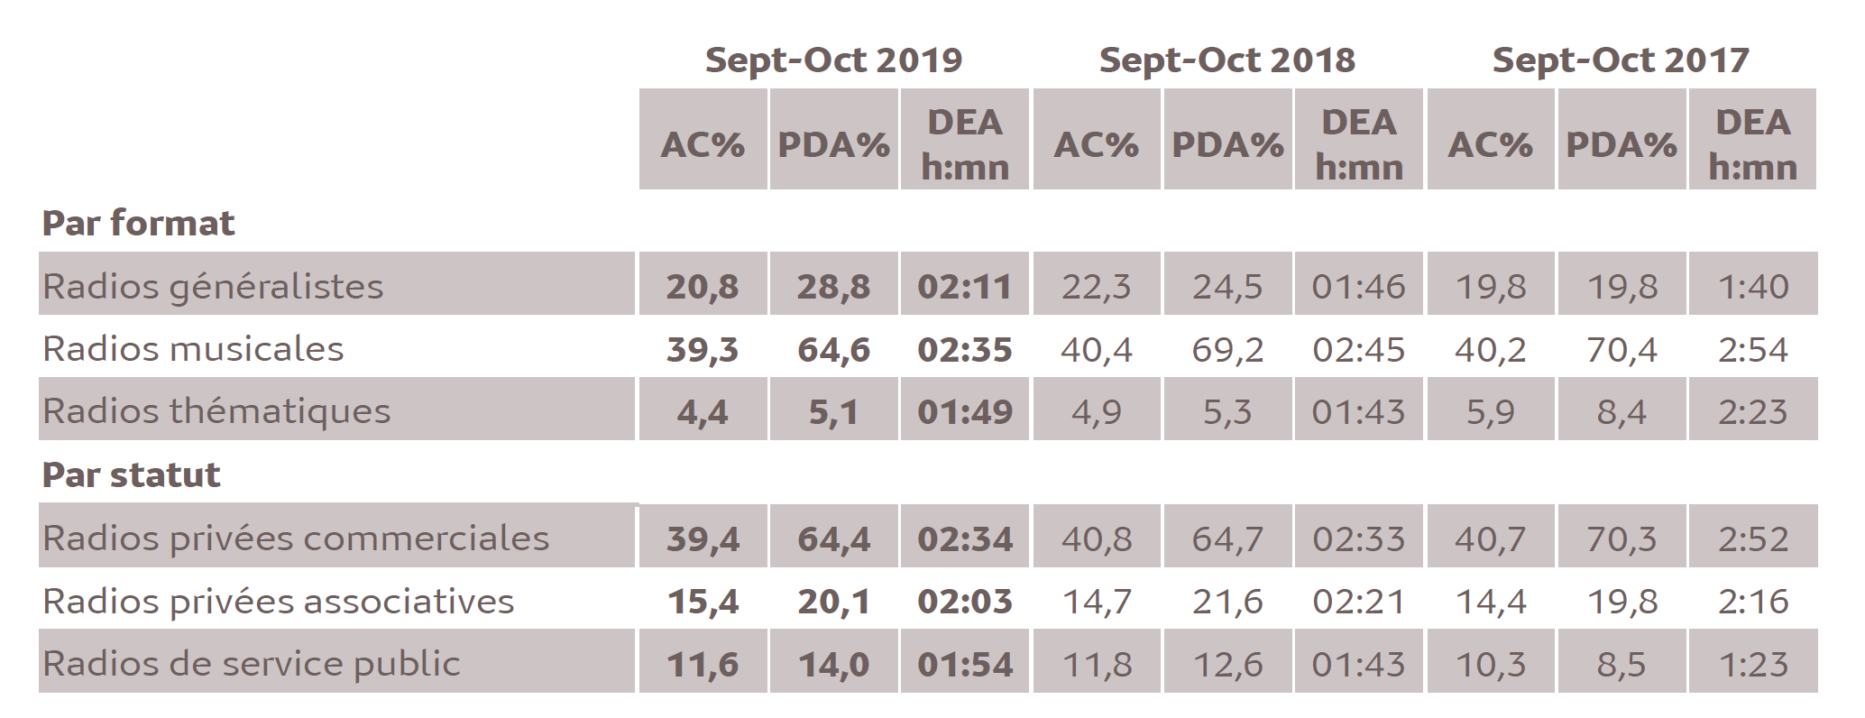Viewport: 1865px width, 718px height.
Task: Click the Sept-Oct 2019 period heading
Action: point(833,60)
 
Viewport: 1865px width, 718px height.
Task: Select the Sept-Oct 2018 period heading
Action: point(1226,60)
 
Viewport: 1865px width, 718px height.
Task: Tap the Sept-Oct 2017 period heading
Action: point(1621,60)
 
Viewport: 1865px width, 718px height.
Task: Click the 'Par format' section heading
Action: point(138,223)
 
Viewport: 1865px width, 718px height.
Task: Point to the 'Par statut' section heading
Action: point(131,474)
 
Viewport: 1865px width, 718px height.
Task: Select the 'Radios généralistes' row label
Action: point(213,286)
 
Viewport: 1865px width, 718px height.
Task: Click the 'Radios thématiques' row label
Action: point(216,411)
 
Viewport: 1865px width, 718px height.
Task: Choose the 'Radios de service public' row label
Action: point(251,664)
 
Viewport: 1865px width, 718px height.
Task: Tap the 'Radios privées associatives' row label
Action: point(278,601)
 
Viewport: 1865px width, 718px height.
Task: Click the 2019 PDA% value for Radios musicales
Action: point(833,349)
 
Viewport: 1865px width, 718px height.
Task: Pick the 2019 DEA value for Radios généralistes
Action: point(965,287)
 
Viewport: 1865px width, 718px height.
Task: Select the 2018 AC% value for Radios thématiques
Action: point(1096,412)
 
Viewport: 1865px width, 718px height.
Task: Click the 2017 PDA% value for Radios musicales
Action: point(1621,349)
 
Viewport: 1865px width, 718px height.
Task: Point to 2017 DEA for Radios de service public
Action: point(1752,665)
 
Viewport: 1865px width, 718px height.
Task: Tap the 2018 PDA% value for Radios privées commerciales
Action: point(1227,538)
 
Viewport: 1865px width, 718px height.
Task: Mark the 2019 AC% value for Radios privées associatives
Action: point(703,602)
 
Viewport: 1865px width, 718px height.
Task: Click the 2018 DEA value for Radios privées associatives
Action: point(1358,602)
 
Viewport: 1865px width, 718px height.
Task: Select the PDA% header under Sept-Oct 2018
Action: point(1227,144)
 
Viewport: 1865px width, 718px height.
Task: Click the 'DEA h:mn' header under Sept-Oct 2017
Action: point(1752,144)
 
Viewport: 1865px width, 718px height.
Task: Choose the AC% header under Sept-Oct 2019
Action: point(703,144)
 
